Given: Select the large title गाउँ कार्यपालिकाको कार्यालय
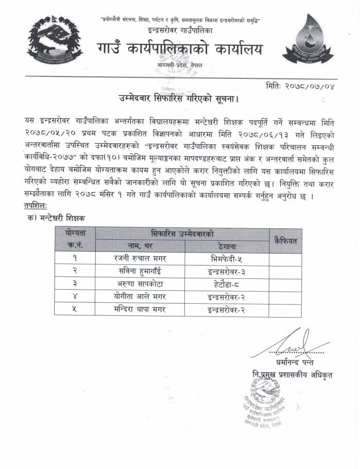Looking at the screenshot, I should click(x=179, y=49).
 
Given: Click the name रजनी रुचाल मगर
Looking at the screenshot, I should click(x=140, y=256).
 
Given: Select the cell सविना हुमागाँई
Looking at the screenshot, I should click(x=140, y=270).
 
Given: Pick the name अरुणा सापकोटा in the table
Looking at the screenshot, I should click(x=140, y=283).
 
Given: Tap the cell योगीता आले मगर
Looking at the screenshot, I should click(x=140, y=296).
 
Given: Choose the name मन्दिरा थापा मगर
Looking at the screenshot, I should click(x=140, y=310).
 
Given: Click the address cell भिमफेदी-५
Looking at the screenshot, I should click(x=227, y=256).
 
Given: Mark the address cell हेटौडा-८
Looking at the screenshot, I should click(x=227, y=283).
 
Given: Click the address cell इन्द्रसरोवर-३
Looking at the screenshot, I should click(x=227, y=270).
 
